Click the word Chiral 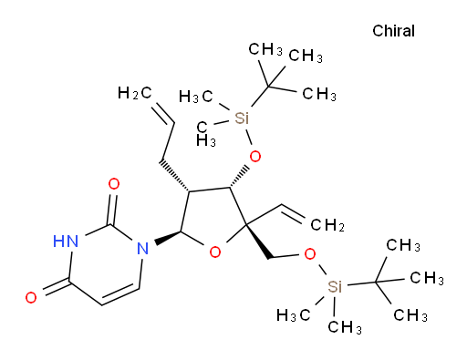point(393,31)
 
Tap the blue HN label point(66,242)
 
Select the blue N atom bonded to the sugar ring point(142,248)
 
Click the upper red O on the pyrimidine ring point(114,184)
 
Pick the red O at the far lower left point(31,297)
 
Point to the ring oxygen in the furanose point(215,252)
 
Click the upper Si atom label point(242,118)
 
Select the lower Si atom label point(335,286)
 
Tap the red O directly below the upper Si point(254,157)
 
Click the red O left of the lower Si point(310,254)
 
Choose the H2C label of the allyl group point(134,93)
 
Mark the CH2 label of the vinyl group point(327,225)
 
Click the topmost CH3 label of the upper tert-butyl point(265,49)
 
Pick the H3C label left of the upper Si point(196,97)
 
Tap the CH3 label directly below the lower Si point(345,327)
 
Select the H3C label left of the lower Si point(293,315)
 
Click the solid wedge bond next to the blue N point(168,237)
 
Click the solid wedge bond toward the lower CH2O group point(258,242)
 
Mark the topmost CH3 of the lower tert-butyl point(403,245)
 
